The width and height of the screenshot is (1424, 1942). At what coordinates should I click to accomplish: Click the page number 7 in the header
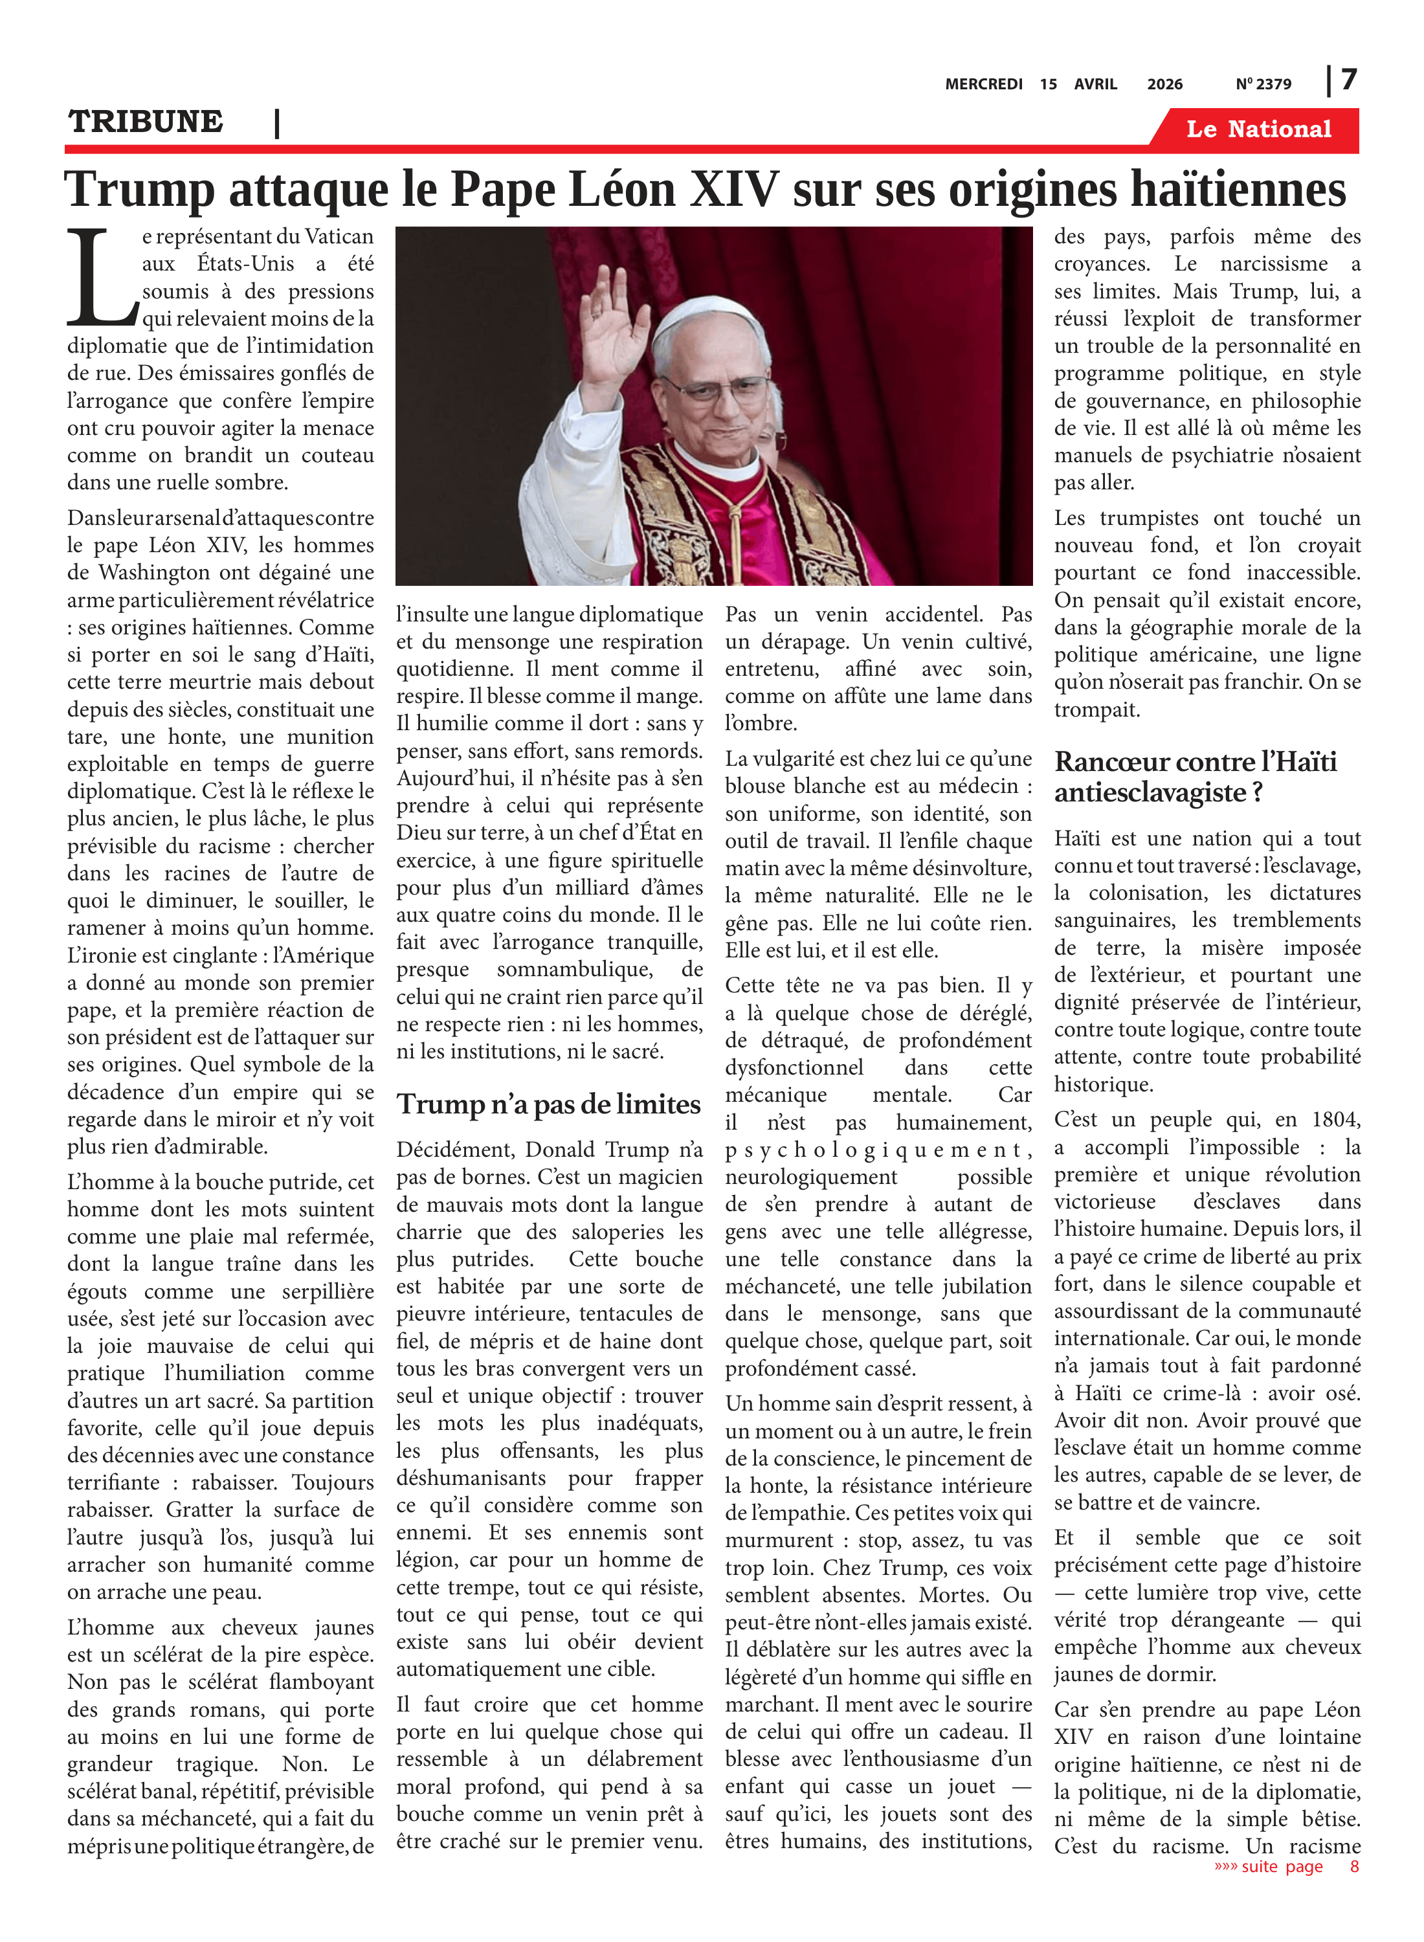1349,80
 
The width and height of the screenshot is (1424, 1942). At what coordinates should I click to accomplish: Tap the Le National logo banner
1258,129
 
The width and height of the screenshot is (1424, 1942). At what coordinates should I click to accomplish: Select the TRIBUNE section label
146,122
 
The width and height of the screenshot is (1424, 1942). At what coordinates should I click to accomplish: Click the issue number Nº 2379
1263,84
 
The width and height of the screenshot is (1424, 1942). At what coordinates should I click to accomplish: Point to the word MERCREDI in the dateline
983,84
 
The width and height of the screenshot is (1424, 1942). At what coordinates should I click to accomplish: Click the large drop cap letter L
101,278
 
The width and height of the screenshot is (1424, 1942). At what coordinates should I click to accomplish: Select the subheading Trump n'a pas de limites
548,1104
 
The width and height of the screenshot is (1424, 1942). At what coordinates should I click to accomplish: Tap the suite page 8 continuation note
1286,1866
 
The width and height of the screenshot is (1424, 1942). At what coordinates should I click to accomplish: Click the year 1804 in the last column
1335,1120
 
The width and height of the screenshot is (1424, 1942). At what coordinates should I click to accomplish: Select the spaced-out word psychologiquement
878,1150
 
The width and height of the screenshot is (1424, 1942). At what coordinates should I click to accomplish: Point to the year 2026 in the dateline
1164,84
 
